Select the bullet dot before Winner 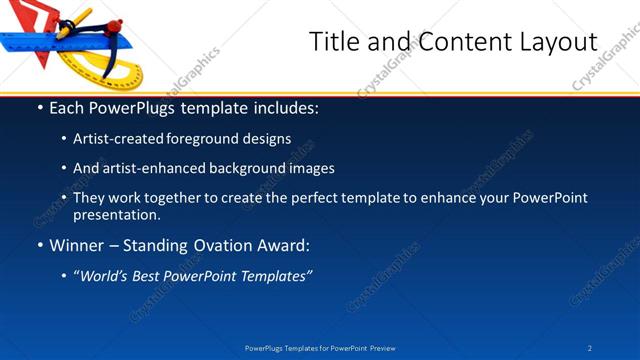39,245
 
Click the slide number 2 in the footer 591,348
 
